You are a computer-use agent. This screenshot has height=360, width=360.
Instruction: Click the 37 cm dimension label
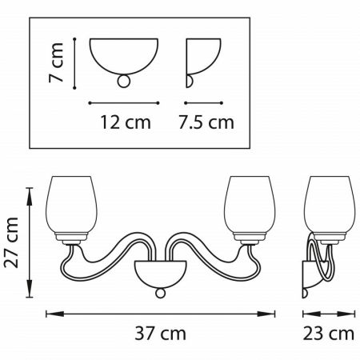pyautogui.click(x=160, y=334)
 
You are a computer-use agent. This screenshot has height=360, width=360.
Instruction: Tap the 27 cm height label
pyautogui.click(x=11, y=242)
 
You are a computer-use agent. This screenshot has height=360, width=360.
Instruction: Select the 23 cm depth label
pyautogui.click(x=329, y=334)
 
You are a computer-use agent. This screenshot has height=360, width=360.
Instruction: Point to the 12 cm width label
pyautogui.click(x=126, y=122)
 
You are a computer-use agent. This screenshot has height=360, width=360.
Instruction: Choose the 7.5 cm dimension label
pyautogui.click(x=206, y=122)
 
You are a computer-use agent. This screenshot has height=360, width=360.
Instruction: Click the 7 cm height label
pyautogui.click(x=56, y=62)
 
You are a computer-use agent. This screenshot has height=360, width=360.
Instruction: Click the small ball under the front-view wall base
pyautogui.click(x=160, y=293)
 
